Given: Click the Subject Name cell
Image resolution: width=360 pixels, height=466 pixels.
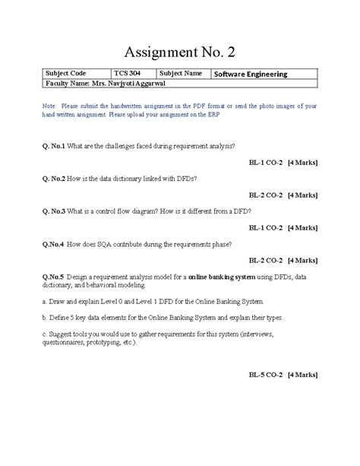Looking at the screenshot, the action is pos(181,74).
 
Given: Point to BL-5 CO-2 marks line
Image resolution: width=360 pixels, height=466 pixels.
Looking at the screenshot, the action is pos(283,374).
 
